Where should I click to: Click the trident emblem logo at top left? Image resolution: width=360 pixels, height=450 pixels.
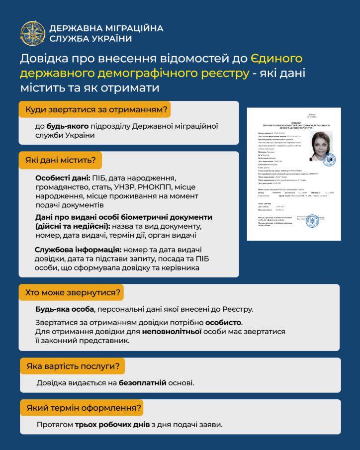coord(33,33)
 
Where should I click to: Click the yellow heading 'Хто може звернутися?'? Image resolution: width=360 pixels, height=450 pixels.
coord(73,292)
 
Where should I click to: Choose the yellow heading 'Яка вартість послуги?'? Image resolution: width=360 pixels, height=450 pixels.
coord(73,366)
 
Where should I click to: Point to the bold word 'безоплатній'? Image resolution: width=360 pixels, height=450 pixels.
coord(143,383)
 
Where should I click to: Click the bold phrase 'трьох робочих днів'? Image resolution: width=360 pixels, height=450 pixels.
coord(111,425)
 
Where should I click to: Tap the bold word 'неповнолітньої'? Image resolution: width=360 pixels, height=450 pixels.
coord(172,332)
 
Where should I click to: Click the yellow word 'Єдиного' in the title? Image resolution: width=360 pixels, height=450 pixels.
coord(276,59)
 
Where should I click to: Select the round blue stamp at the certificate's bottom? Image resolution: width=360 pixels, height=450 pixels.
coord(312,221)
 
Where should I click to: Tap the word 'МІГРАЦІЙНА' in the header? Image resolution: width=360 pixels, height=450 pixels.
coord(133,28)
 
